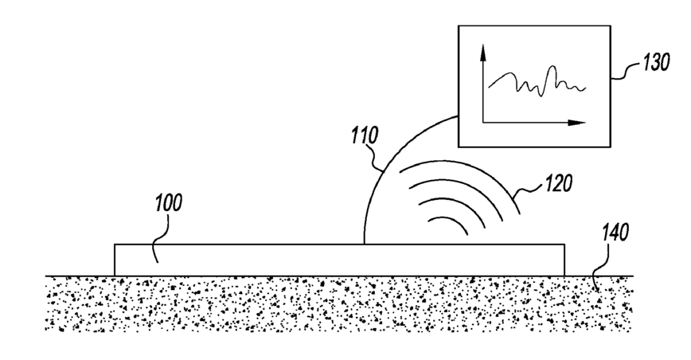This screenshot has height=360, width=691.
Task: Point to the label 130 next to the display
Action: point(658,63)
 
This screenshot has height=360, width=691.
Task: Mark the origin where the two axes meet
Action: point(483,123)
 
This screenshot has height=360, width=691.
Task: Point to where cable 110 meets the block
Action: point(364,244)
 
